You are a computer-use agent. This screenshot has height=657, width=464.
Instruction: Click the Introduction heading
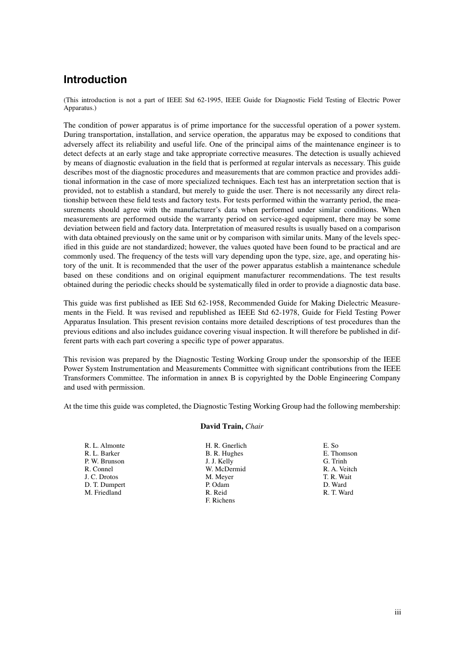(x=95, y=80)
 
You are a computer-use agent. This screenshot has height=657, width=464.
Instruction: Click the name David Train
(x=222, y=426)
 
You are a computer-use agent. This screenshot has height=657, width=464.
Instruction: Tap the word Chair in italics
(x=254, y=426)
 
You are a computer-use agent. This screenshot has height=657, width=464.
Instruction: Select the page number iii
(x=398, y=612)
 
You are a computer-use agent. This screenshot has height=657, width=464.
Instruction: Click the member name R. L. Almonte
(x=105, y=445)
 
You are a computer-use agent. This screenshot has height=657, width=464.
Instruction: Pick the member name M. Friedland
(x=103, y=492)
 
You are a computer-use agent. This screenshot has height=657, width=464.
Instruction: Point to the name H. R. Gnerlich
(x=226, y=445)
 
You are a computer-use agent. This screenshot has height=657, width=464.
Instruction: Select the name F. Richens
(x=220, y=500)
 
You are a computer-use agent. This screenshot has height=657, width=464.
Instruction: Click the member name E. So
(x=331, y=445)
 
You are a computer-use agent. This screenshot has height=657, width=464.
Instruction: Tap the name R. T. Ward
(x=338, y=492)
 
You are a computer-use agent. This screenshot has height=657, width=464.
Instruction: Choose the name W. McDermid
(x=225, y=469)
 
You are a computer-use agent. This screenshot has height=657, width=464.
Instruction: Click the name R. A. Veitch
(x=340, y=469)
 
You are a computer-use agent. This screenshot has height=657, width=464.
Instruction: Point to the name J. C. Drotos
(x=101, y=477)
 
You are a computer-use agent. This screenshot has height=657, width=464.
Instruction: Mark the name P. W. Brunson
(x=104, y=461)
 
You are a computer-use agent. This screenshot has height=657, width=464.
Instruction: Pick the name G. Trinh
(x=335, y=461)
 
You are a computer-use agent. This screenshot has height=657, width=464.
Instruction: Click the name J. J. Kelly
(x=219, y=461)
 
